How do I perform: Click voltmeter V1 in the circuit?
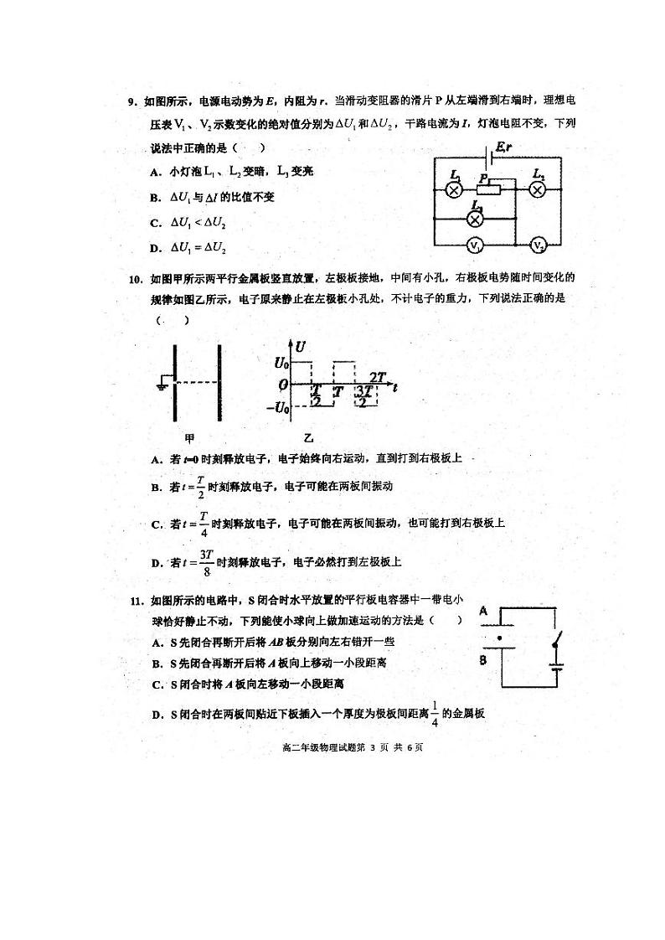coord(474,246)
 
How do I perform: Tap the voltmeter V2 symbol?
coord(539,245)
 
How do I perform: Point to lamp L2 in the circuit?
coord(539,189)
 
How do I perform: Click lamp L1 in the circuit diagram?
coord(455,189)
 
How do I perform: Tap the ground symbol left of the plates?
coord(162,385)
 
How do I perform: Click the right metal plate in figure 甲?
coord(219,383)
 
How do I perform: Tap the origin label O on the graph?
coord(284,386)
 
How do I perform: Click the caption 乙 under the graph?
coord(308,438)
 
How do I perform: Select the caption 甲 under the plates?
coord(189,438)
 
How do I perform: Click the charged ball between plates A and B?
coord(499,638)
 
